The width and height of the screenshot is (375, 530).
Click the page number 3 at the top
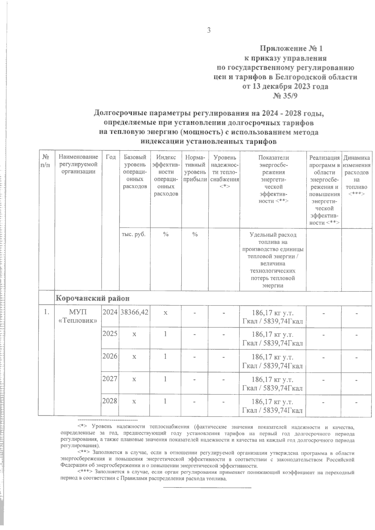coord(209,30)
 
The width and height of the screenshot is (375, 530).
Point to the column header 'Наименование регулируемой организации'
coord(78,165)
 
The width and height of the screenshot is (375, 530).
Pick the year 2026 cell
coord(110,356)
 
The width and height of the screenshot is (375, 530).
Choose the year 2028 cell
coord(110,401)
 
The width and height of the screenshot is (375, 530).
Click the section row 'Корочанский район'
coord(92,298)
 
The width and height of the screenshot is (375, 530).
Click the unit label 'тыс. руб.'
coord(134,234)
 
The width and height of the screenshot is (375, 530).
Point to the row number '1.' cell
coord(46,312)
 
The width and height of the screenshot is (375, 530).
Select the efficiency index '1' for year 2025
coord(165,334)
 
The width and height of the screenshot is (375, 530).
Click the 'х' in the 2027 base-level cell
coord(134,379)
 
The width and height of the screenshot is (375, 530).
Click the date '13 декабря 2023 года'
coord(286,87)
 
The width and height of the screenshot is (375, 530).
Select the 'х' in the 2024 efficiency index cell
coord(165,312)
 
